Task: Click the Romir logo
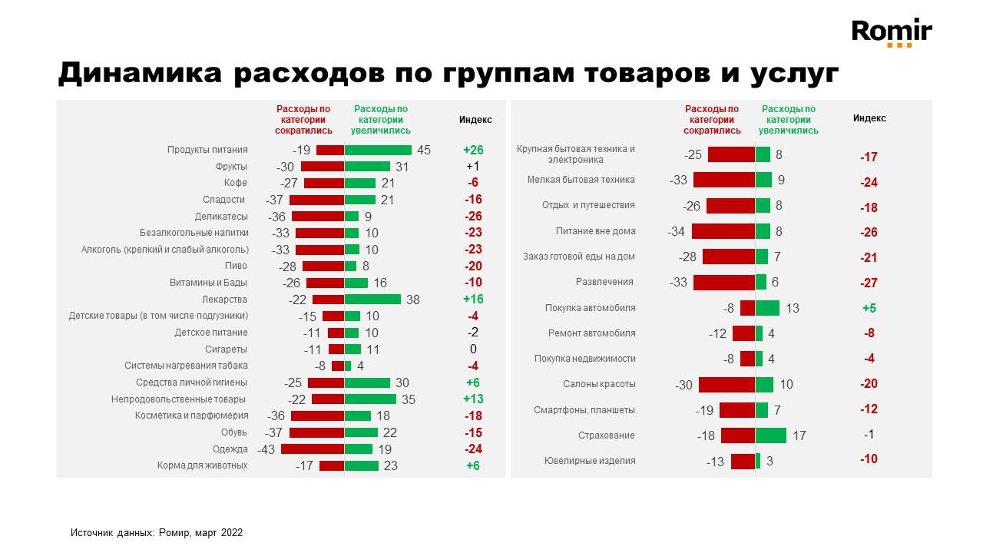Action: (x=892, y=31)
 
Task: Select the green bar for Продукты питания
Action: (x=378, y=150)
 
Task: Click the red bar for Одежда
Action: (x=312, y=449)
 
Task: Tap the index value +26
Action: (x=473, y=150)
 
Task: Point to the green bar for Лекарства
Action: (x=372, y=300)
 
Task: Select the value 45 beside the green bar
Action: (x=424, y=150)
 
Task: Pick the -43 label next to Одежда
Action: (x=266, y=449)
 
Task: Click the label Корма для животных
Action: (x=203, y=465)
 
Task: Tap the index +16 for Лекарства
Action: (x=473, y=300)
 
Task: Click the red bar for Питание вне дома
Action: (x=723, y=231)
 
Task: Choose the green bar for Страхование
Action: (x=770, y=435)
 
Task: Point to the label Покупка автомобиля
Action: (x=590, y=308)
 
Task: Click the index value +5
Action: (x=869, y=308)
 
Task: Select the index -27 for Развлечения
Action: (x=869, y=283)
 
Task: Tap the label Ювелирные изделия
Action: (x=589, y=461)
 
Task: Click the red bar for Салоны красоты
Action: (x=726, y=384)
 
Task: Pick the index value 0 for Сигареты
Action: (x=473, y=349)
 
